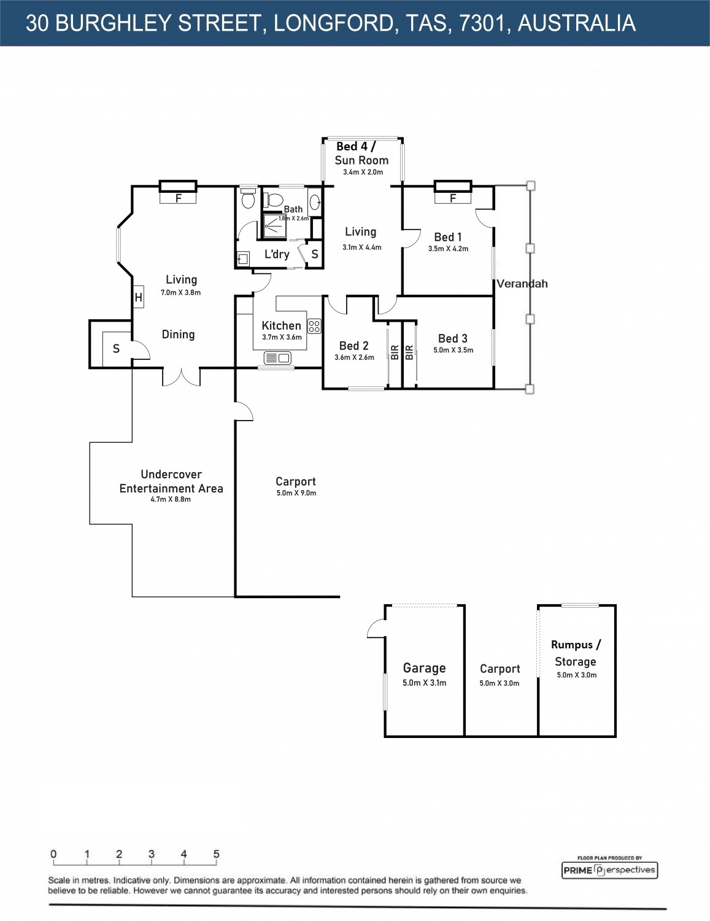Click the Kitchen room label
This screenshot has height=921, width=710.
(281, 325)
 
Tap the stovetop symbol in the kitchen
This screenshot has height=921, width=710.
(314, 326)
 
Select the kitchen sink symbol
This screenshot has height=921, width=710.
(277, 358)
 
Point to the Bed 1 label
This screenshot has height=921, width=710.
(448, 237)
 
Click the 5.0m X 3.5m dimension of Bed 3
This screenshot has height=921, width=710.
(453, 350)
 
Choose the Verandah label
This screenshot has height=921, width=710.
(522, 284)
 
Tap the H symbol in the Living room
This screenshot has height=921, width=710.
(139, 298)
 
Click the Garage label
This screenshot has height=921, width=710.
(424, 668)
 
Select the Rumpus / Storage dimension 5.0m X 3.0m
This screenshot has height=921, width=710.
(577, 675)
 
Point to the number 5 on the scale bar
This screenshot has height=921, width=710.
(216, 854)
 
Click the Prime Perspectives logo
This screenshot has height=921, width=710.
(609, 870)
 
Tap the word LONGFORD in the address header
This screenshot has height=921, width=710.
(334, 23)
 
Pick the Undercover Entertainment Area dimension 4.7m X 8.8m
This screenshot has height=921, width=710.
(171, 499)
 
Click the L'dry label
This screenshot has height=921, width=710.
(277, 254)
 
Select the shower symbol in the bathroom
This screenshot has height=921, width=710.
(274, 226)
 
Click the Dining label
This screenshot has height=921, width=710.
(179, 335)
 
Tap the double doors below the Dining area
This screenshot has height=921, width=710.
(181, 377)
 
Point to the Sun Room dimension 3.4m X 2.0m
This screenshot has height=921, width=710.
(363, 172)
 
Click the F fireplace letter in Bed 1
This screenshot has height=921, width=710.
(453, 198)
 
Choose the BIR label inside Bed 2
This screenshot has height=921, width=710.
(395, 352)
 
